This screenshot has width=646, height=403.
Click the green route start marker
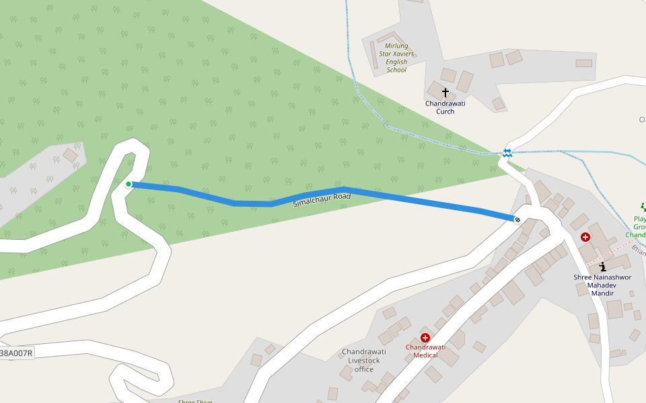pyautogui.click(x=129, y=183)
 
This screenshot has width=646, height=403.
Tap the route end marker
pyautogui.click(x=517, y=219)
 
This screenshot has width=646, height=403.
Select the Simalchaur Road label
pyautogui.click(x=322, y=199)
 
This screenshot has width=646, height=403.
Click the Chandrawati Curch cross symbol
pyautogui.click(x=445, y=92)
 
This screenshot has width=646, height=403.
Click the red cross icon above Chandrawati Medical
pyautogui.click(x=425, y=337)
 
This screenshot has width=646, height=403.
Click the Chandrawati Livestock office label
pyautogui.click(x=363, y=361)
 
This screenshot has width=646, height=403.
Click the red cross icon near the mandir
pyautogui.click(x=585, y=237)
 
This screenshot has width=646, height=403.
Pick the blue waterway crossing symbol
pyautogui.click(x=507, y=153)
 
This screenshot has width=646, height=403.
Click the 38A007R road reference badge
pyautogui.click(x=16, y=353)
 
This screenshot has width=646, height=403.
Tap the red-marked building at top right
pyautogui.click(x=583, y=63)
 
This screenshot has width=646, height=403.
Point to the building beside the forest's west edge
pyautogui.click(x=70, y=155)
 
